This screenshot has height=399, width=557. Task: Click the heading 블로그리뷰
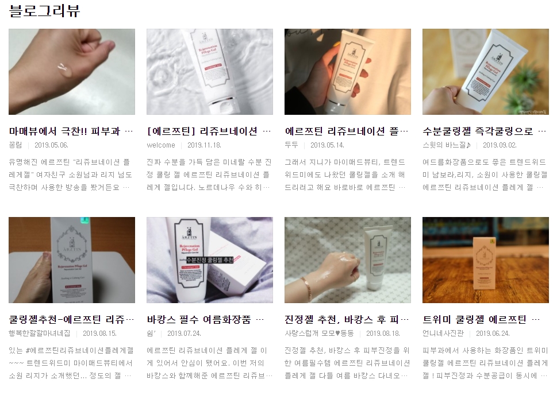pos(44,11)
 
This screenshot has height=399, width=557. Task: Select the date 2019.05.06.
pos(51,145)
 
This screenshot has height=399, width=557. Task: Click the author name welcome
pos(161,145)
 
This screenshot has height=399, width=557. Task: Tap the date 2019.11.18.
pos(204,145)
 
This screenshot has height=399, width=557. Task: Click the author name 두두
pos(292,145)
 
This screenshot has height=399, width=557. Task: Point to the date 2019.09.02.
pos(500,145)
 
